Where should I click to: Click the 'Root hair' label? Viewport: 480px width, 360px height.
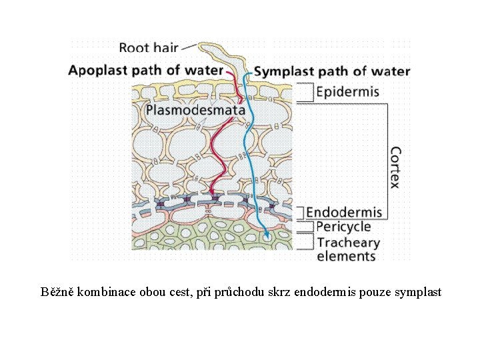point(149,47)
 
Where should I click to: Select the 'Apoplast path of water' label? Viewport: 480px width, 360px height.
point(145,69)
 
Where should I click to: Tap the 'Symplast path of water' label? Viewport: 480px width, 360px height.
point(332,71)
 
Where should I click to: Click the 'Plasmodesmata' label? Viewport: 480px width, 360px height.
point(195,109)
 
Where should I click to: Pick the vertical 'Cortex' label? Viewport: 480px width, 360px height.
point(395,167)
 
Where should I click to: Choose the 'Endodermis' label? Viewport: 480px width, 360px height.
point(344,212)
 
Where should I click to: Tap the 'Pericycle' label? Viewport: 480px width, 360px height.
point(343,227)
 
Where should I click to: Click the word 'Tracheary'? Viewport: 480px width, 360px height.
point(348,242)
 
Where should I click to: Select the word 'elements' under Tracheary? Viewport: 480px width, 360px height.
point(346,256)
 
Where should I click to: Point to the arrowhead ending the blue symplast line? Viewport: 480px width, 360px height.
point(267,235)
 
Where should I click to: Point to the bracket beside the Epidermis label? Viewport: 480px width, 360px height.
point(304,92)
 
